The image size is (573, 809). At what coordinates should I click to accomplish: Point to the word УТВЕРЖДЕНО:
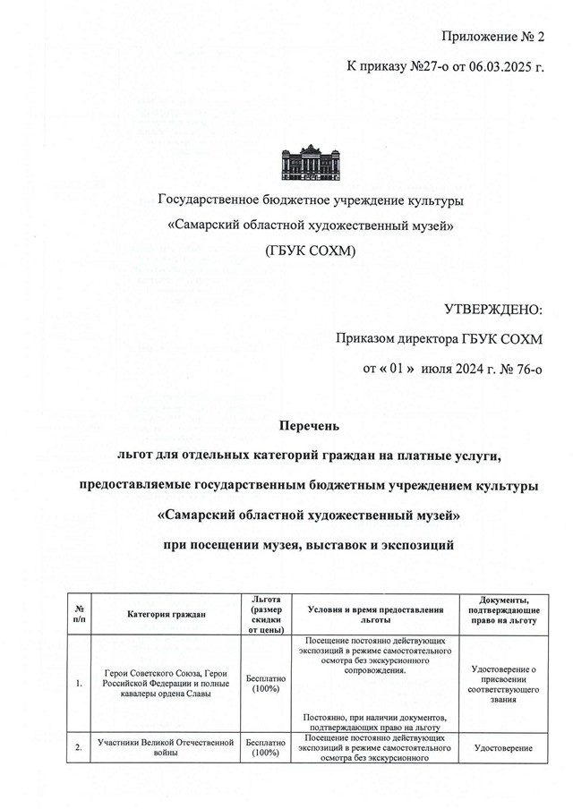(493, 310)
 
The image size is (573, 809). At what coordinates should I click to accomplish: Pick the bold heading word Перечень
(311, 428)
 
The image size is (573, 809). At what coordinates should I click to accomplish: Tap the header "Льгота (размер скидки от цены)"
(267, 614)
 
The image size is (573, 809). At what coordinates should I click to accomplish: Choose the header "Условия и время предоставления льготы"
(375, 614)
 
